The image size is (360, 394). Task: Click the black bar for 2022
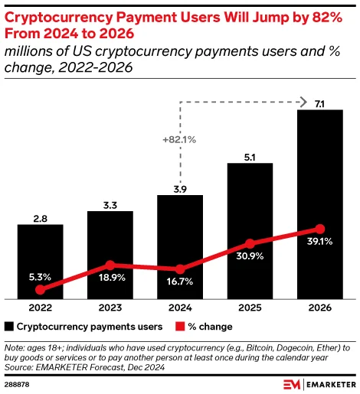tap(40, 260)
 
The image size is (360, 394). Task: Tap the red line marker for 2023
tap(110, 265)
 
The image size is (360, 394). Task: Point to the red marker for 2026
tap(320, 229)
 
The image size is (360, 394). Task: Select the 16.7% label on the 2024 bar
tap(180, 282)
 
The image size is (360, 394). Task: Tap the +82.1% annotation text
tap(179, 139)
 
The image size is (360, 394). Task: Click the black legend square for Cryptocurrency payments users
tap(9, 327)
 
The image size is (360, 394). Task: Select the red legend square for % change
tap(182, 327)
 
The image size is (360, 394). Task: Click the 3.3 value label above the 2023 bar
tap(110, 204)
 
